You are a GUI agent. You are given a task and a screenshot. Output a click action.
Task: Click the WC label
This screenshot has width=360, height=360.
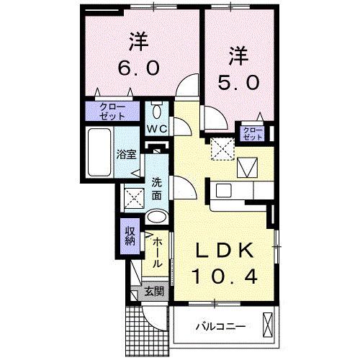157,129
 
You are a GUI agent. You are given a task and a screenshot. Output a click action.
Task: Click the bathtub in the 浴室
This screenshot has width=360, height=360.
96,152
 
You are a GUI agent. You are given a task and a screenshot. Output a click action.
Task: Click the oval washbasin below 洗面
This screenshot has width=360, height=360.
156,217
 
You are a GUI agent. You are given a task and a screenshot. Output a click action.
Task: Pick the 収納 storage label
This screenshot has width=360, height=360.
129,235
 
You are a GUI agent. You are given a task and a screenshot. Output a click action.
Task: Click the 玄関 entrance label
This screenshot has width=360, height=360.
152,292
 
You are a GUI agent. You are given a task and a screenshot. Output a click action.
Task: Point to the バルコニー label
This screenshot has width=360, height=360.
220,327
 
